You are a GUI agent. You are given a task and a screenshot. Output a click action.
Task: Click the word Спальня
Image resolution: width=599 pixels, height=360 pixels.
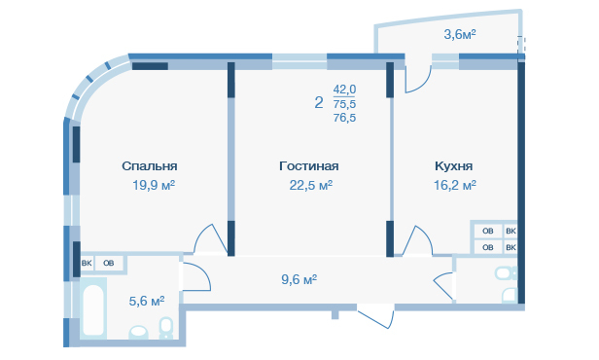point(150,166)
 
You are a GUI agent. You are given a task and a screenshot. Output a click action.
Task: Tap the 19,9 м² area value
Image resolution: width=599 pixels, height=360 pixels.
point(154,185)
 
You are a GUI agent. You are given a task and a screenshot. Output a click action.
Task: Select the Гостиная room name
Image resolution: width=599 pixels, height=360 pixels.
point(308,166)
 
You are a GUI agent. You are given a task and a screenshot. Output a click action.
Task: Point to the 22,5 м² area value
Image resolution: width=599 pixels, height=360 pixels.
point(310,185)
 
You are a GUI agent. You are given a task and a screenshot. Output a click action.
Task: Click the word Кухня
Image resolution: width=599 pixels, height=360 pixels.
point(453,166)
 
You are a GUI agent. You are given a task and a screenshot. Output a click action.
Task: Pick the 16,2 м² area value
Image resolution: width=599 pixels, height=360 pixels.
point(455,185)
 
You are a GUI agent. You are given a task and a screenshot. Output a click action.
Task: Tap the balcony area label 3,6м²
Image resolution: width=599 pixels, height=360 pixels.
point(460,35)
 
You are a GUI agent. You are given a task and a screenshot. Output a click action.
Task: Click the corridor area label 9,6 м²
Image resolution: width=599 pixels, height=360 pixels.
point(299,280)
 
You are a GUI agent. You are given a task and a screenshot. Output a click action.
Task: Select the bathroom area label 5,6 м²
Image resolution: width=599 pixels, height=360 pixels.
point(147,302)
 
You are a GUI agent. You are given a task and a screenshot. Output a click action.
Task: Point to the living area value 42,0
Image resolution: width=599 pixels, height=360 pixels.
point(344,90)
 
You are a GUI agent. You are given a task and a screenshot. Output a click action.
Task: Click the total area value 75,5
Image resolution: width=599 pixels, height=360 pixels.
point(344,104)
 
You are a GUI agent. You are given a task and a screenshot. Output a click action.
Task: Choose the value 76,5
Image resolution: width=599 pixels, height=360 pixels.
point(344,118)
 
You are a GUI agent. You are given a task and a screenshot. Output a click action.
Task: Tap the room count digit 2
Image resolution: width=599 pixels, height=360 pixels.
point(319,102)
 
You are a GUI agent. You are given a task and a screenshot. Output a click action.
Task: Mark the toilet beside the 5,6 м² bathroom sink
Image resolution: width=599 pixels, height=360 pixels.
point(165,328)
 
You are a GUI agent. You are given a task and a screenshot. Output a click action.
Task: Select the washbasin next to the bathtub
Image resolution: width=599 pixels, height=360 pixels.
point(138,332)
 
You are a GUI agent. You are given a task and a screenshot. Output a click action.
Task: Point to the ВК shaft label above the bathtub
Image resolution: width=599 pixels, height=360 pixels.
point(87,264)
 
